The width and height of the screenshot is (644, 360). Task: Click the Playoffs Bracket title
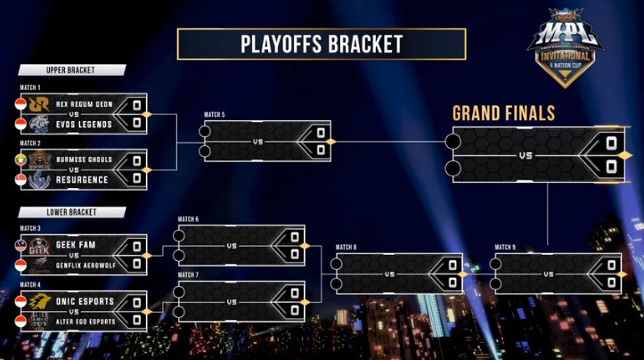[x=322, y=44]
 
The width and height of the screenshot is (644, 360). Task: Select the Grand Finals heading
[x=504, y=113]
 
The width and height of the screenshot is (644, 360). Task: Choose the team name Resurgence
[x=82, y=179]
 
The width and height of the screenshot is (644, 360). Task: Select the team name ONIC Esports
[x=85, y=300]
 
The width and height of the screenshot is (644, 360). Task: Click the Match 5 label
[x=214, y=115]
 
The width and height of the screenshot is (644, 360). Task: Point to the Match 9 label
[x=505, y=247]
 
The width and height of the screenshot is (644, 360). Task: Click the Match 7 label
[x=188, y=275]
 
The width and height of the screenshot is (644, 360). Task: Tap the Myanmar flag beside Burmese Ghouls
[x=22, y=160]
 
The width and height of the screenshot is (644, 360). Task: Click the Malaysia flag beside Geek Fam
[x=22, y=242]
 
